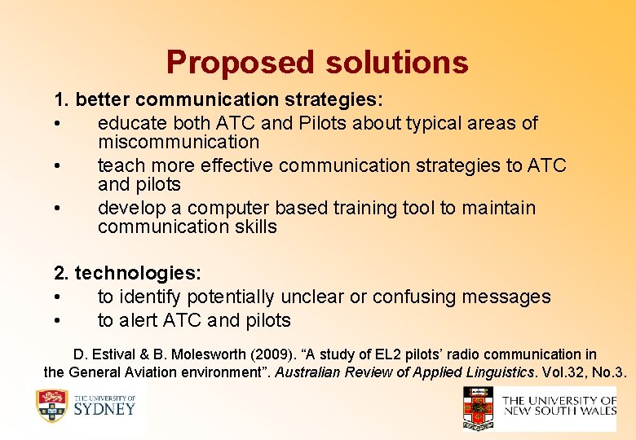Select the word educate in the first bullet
(x=129, y=123)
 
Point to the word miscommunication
(x=178, y=142)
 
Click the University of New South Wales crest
(x=478, y=407)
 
